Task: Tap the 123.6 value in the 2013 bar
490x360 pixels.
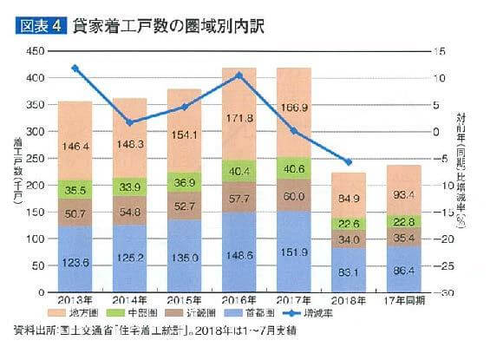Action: tap(75, 261)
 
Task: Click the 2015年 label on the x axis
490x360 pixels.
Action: tap(183, 300)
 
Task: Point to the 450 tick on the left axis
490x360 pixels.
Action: tap(35, 52)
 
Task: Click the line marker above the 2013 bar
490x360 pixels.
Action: tap(75, 68)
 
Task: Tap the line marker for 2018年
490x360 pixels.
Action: tap(348, 162)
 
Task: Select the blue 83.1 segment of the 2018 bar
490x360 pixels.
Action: tap(348, 272)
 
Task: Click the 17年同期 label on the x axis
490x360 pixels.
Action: tap(403, 300)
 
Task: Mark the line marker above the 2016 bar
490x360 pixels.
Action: tap(238, 75)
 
